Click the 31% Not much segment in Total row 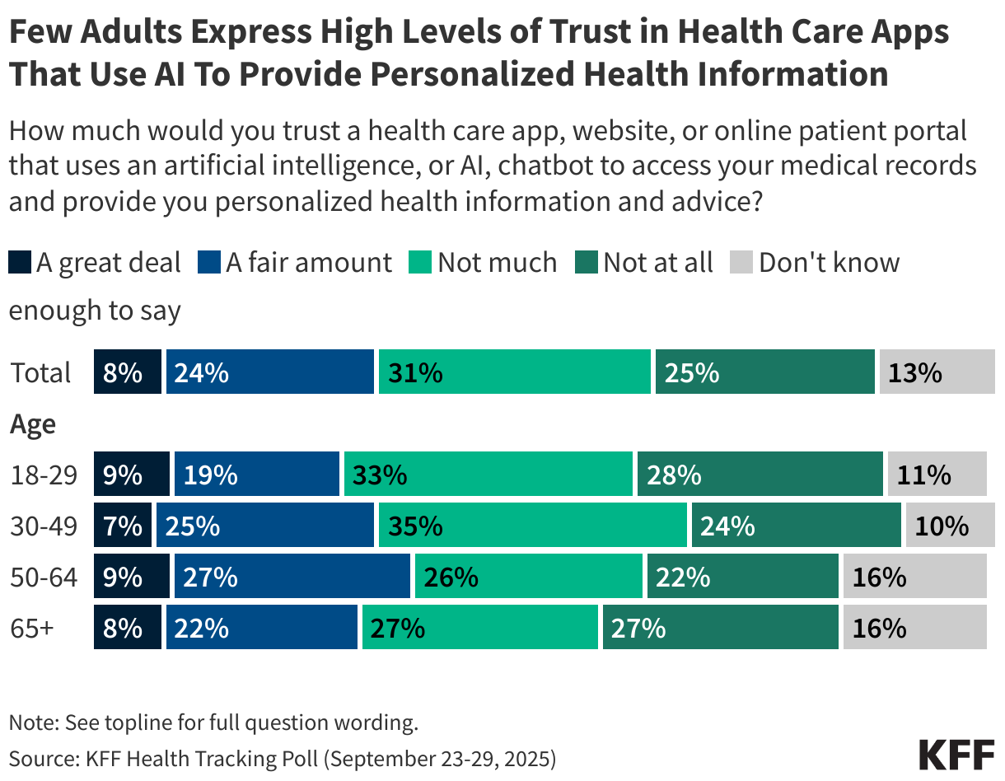click(514, 372)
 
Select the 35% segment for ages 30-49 click(532, 526)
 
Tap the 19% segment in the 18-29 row click(256, 475)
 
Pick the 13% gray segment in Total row click(933, 372)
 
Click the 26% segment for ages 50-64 click(528, 578)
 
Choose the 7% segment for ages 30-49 click(123, 526)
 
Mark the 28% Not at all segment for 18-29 click(760, 475)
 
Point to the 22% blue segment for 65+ click(262, 629)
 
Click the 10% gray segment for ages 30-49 click(946, 526)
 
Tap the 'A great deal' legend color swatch click(20, 263)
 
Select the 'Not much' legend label click(497, 263)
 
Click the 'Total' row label click(41, 373)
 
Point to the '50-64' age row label click(44, 578)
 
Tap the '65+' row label click(32, 629)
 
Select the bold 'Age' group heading click(33, 424)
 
